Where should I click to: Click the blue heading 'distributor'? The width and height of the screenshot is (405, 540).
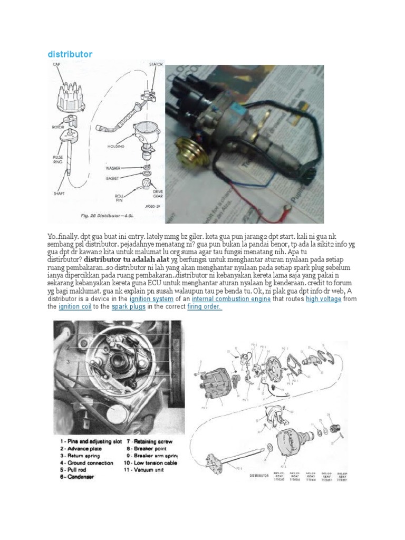pyautogui.click(x=70, y=54)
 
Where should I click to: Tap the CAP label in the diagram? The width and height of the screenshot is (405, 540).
pyautogui.click(x=57, y=64)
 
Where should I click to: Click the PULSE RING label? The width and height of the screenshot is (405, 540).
pyautogui.click(x=58, y=160)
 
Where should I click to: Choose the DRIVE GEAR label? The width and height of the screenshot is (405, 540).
pyautogui.click(x=158, y=194)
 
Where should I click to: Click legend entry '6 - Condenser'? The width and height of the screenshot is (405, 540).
pyautogui.click(x=78, y=477)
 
